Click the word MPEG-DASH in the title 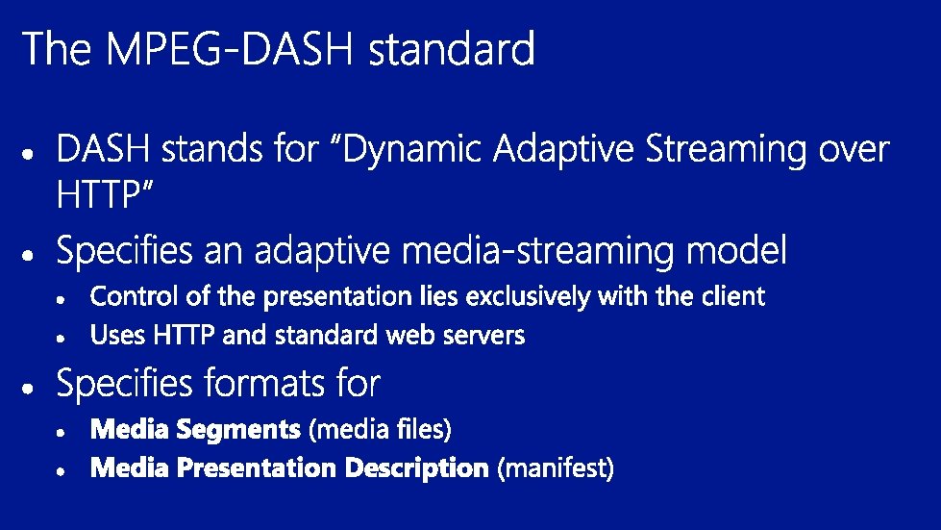(230, 49)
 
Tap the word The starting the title (57, 49)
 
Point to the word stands (211, 149)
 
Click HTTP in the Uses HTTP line (184, 335)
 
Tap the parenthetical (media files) (380, 430)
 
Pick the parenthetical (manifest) (556, 468)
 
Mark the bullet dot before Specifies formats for (28, 388)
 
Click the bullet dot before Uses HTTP (61, 339)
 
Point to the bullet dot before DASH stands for (28, 154)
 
